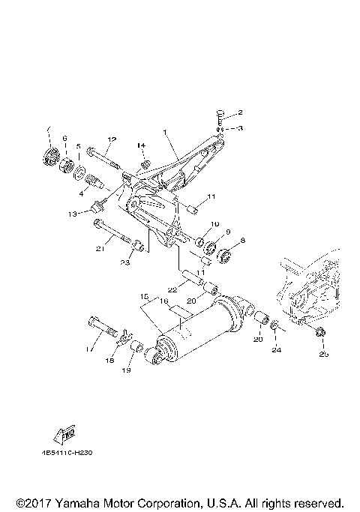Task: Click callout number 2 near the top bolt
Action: click(241, 113)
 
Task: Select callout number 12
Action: click(112, 139)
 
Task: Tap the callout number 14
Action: click(140, 145)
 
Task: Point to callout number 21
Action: click(99, 248)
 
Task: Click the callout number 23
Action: click(125, 262)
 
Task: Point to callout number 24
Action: click(276, 349)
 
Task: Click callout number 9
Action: click(228, 232)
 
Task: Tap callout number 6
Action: click(64, 139)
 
